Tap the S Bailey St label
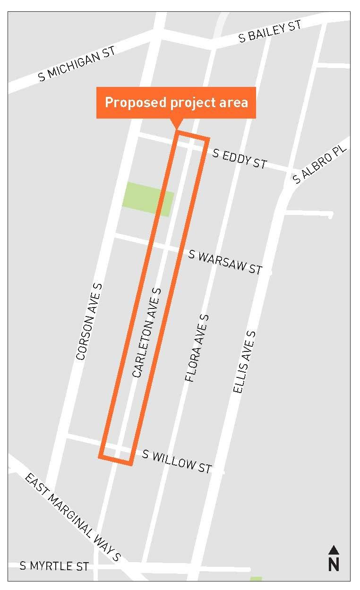tap(270, 32)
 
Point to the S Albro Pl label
tap(319, 164)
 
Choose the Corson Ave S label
tap(89, 322)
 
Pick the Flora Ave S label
tap(197, 348)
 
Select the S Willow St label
tap(177, 461)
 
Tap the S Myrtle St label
tap(54, 565)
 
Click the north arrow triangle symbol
tap(334, 550)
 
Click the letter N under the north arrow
tap(334, 564)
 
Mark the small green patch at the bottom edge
tap(256, 579)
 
